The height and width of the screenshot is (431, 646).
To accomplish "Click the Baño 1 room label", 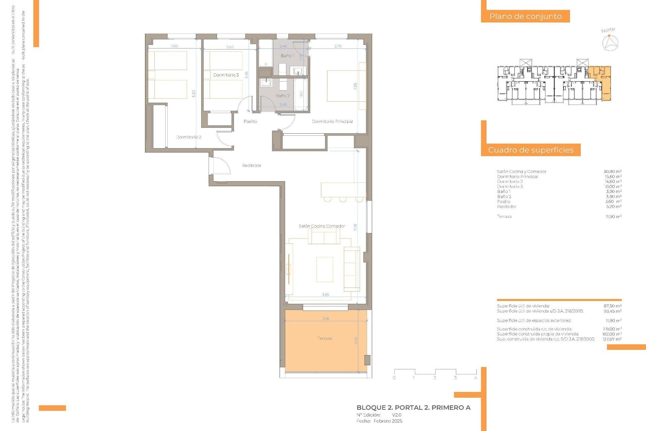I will [x=287, y=56].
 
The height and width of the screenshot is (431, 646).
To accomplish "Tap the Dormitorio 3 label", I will [x=226, y=75].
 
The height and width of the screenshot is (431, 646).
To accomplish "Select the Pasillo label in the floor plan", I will [x=250, y=121].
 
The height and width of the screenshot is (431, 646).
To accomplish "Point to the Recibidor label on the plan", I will [x=252, y=165].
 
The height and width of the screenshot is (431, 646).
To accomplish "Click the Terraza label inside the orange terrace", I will [x=325, y=338].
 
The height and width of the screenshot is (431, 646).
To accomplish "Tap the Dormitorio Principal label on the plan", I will [x=332, y=121].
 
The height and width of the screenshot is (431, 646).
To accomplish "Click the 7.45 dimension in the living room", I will [x=355, y=227].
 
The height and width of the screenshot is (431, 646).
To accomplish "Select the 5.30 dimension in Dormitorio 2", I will [x=194, y=94].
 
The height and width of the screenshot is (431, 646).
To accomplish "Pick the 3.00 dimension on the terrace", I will [x=356, y=340].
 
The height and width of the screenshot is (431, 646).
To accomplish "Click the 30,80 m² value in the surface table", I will [x=612, y=171].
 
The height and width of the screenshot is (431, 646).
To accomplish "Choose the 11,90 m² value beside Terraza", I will [x=613, y=217].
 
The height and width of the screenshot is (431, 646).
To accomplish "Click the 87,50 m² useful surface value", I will [x=612, y=306].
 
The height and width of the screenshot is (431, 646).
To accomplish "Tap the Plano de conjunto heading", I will [x=525, y=16].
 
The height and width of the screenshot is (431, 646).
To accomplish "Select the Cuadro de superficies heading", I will [x=531, y=150].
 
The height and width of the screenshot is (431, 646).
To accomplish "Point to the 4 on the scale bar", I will [x=475, y=378].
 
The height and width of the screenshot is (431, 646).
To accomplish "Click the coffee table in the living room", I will [x=325, y=269].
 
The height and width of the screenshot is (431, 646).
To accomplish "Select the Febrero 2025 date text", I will [x=388, y=421].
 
